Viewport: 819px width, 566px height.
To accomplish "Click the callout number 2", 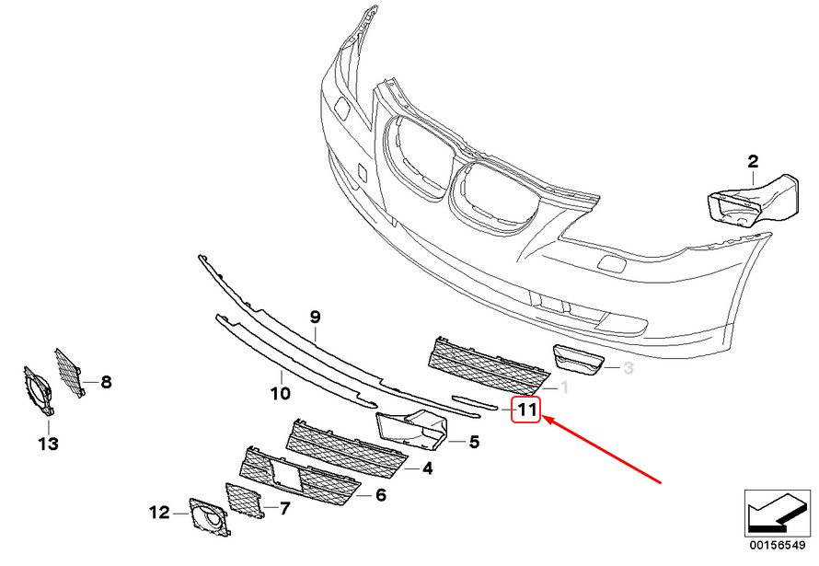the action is [x=753, y=162].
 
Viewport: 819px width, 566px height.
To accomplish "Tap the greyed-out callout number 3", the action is [x=629, y=368].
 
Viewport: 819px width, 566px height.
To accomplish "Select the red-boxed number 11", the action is [x=526, y=410].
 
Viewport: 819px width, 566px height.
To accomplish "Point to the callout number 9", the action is [x=315, y=318].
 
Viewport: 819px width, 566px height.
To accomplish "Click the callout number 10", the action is [x=281, y=394].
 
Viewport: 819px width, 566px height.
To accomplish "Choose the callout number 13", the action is [x=48, y=445].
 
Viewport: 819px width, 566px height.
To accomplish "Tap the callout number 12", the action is [x=159, y=511].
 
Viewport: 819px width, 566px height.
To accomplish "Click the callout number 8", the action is [x=106, y=381].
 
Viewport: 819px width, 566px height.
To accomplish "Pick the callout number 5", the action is [x=474, y=443].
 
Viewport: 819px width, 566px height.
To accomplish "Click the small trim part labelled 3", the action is [x=576, y=361].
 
